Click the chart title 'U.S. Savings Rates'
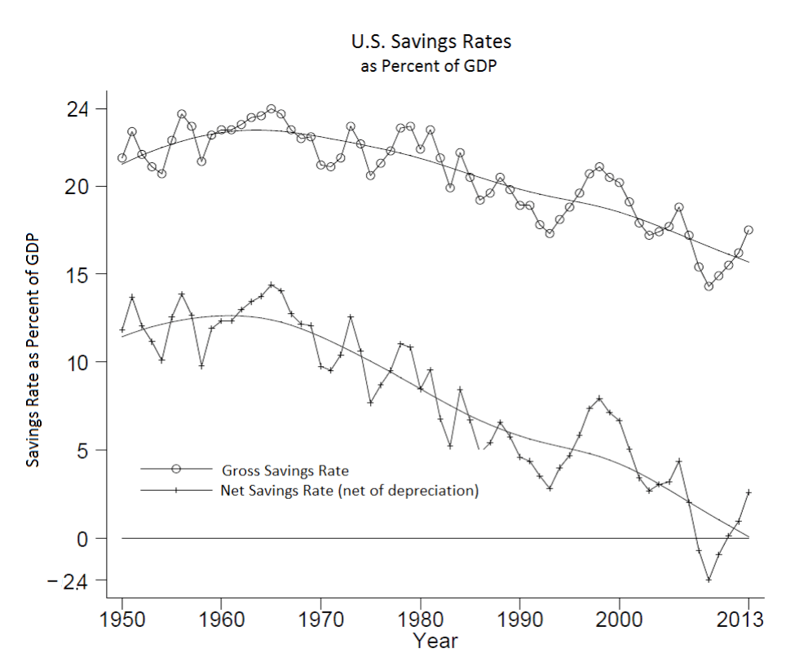431,42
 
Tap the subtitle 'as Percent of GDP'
429,66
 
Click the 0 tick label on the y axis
83,539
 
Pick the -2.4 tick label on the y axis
68,582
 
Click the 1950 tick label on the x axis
122,620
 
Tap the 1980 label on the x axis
420,620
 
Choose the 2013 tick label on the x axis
740,620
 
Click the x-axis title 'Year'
435,641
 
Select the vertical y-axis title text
33,351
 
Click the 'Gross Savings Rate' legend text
285,471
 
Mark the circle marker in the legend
176,469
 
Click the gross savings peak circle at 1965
272,109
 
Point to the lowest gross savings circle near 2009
709,286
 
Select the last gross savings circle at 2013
749,230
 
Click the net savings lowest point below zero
709,580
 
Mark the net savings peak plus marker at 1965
272,285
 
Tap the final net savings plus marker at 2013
749,492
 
